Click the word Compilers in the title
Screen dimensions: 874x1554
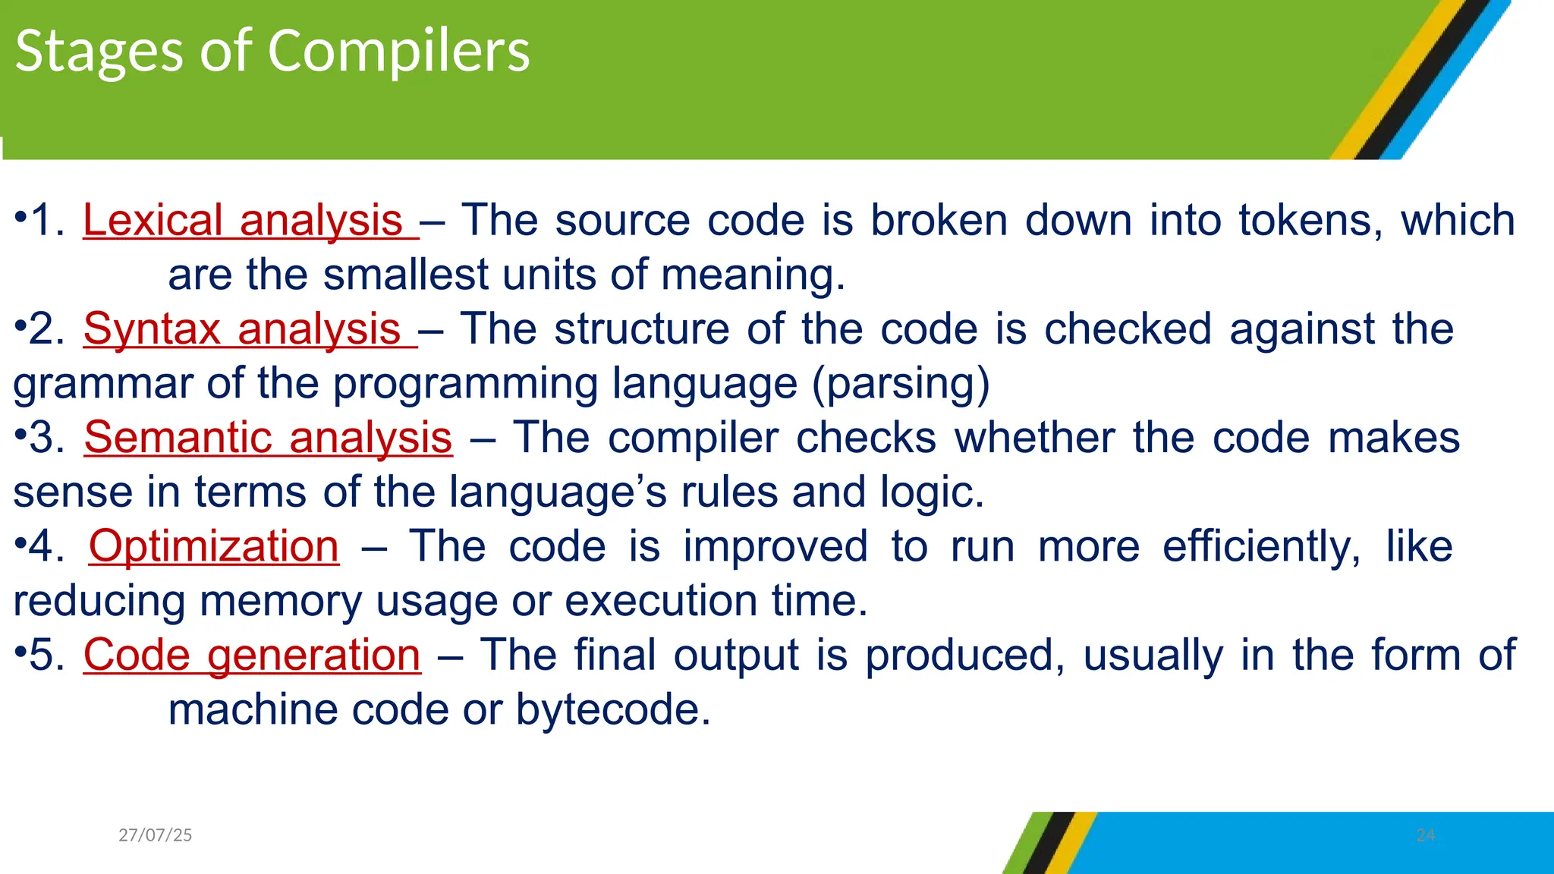(398, 52)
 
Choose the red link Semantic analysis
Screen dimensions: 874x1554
(268, 438)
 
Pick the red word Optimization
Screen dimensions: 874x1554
(214, 546)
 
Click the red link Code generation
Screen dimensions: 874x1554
(251, 655)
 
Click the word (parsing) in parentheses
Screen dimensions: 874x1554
(901, 384)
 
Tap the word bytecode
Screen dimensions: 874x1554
(613, 710)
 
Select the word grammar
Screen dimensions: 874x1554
(103, 384)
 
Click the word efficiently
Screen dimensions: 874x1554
(1262, 546)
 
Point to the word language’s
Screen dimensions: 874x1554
(558, 492)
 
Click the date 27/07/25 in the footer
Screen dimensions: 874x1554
(156, 835)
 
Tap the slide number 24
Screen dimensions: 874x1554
(1425, 835)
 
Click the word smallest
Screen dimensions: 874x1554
(406, 275)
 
